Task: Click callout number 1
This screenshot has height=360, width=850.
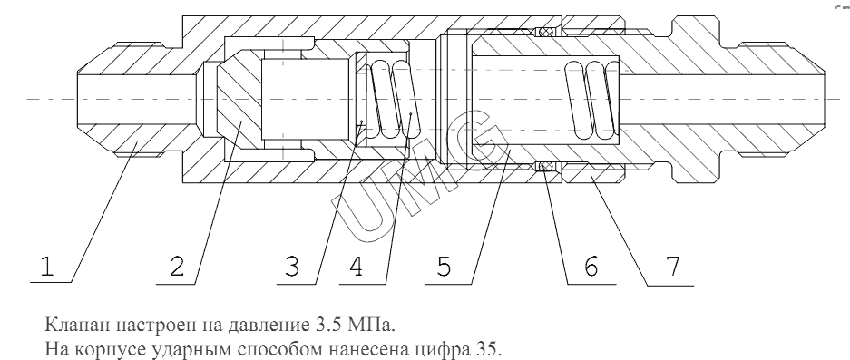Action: (47, 267)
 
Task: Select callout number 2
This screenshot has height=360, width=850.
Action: (177, 267)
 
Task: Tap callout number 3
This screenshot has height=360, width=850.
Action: (291, 267)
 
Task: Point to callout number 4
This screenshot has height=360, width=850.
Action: (357, 267)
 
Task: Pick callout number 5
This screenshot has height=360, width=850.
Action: (444, 267)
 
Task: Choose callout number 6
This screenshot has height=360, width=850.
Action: (590, 267)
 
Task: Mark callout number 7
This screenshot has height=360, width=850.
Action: (673, 267)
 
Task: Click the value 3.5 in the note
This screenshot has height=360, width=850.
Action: (326, 325)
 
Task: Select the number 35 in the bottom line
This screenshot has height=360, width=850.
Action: (491, 348)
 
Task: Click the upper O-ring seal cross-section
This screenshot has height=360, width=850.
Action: (545, 32)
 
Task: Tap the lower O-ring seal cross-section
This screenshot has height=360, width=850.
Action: (545, 167)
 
